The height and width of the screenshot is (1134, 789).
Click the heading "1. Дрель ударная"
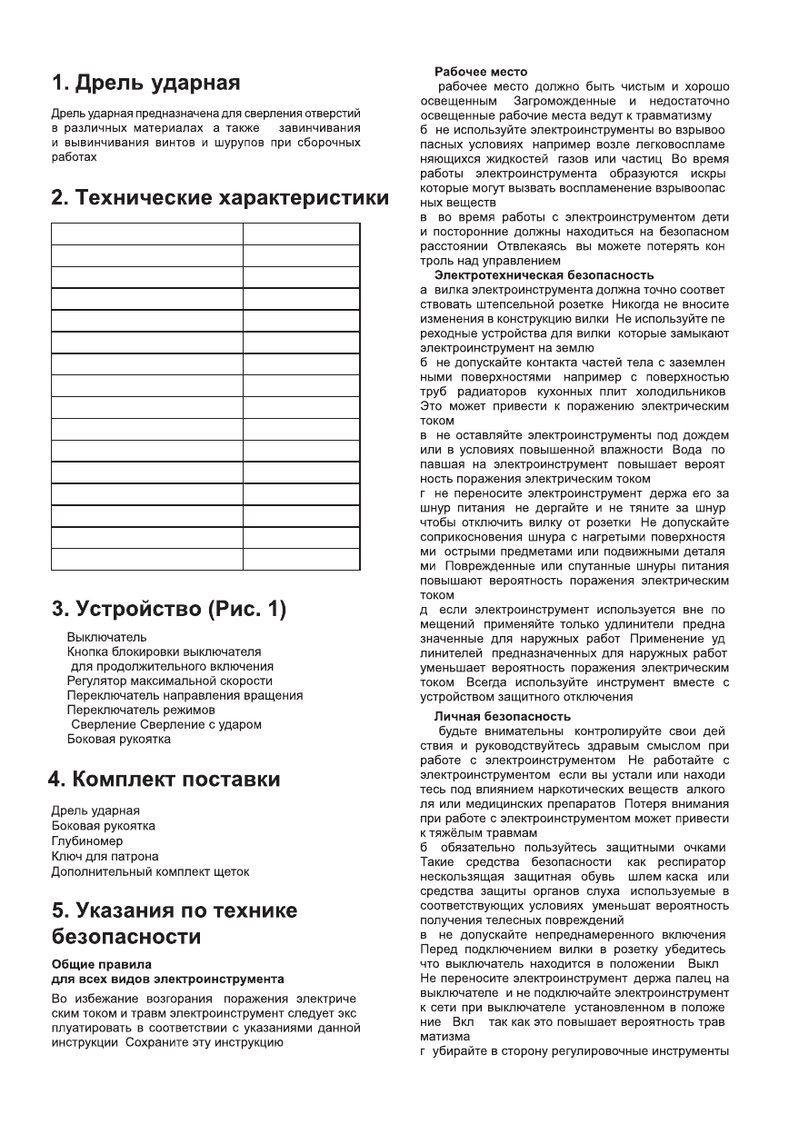[145, 84]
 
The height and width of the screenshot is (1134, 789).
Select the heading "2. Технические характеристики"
[219, 198]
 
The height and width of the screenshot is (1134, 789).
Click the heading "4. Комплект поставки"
[164, 780]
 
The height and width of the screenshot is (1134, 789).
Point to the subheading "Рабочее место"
[481, 71]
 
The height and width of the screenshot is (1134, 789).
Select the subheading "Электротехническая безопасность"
[544, 274]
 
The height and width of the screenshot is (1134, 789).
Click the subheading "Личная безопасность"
[502, 716]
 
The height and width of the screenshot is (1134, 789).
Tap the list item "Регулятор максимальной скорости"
[169, 681]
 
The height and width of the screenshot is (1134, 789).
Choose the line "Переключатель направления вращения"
[185, 695]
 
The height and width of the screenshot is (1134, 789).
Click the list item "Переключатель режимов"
[141, 710]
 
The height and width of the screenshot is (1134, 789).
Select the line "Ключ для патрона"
[105, 856]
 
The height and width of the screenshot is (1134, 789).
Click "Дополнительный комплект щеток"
[150, 871]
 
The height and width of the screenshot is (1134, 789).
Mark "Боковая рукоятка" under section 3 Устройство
[118, 739]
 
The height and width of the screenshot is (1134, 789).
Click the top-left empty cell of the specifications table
[146, 234]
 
